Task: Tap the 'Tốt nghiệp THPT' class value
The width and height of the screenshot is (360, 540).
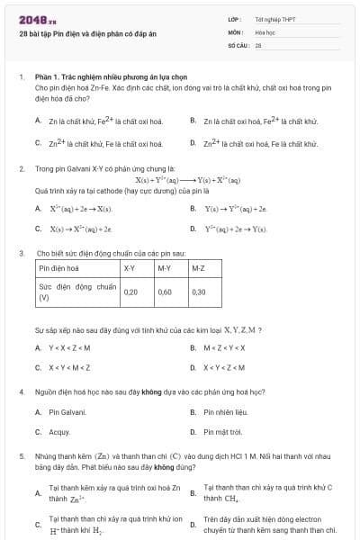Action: click(x=274, y=19)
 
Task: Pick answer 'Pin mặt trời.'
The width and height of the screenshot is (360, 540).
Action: click(x=222, y=432)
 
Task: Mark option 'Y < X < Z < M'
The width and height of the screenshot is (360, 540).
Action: click(x=69, y=347)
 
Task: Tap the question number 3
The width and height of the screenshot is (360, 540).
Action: click(x=21, y=254)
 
